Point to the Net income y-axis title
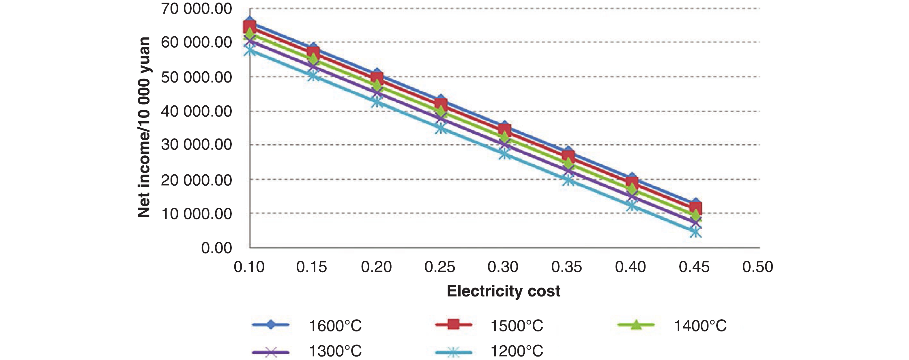pos(144,127)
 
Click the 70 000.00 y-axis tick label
pos(196,9)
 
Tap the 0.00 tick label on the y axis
pos(216,248)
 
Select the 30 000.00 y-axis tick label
pos(196,145)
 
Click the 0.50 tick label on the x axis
pos(757,267)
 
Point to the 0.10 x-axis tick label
pos(249,267)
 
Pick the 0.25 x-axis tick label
pos(440,267)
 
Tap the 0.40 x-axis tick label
pos(630,267)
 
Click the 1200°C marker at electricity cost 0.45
pos(695,232)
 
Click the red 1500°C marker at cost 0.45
pos(695,208)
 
